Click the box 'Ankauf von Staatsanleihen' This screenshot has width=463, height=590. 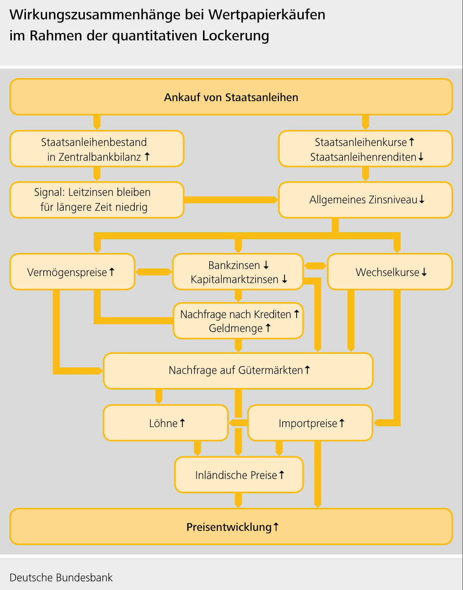click(231, 97)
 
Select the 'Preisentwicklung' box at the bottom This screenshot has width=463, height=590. click(231, 526)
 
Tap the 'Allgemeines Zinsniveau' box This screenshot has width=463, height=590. click(365, 200)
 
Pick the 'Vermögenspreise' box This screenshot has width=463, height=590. click(72, 272)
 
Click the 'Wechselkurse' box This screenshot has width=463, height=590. click(390, 272)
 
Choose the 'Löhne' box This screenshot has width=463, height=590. click(166, 423)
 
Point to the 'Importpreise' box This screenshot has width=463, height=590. click(310, 423)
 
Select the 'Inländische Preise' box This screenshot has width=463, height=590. click(239, 475)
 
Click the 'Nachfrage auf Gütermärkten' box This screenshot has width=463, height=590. click(238, 370)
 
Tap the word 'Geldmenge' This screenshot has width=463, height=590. click(236, 328)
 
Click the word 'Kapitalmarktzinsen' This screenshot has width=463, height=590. click(234, 279)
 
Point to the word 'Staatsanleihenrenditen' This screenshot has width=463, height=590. click(363, 157)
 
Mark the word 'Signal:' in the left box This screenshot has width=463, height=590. click(50, 192)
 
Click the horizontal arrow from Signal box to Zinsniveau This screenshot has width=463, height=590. click(231, 200)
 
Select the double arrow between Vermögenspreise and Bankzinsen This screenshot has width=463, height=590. click(154, 272)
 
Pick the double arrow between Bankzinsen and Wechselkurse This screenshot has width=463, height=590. click(315, 266)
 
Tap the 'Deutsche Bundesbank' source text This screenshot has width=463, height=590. click(61, 577)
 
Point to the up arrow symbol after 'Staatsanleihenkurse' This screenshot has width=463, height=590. click(412, 141)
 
